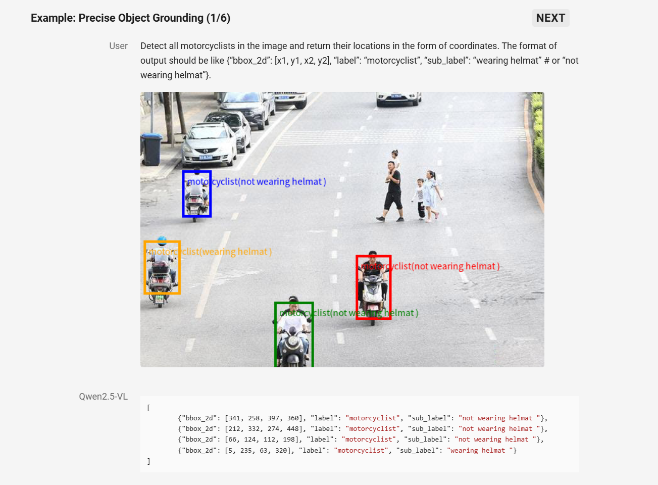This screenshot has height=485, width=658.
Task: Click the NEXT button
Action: coord(550,18)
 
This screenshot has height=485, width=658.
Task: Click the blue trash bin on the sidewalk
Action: coord(151,149)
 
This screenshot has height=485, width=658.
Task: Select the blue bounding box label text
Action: coord(257,182)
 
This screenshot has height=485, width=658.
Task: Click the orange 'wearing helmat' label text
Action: coord(210,252)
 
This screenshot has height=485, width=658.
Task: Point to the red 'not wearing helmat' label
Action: coord(430,266)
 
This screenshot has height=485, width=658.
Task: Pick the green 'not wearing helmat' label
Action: coord(348,313)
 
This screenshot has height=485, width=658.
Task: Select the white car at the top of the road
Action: coord(398,98)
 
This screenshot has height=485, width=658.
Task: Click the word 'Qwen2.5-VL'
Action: coord(103,397)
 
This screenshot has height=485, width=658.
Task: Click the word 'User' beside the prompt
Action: coord(118,46)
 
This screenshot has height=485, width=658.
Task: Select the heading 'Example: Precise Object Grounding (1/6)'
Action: coord(130,18)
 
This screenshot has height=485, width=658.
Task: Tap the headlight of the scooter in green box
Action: coord(293,341)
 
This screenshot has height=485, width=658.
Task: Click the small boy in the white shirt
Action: coord(420,199)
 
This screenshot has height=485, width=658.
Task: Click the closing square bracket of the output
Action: coord(148,461)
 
